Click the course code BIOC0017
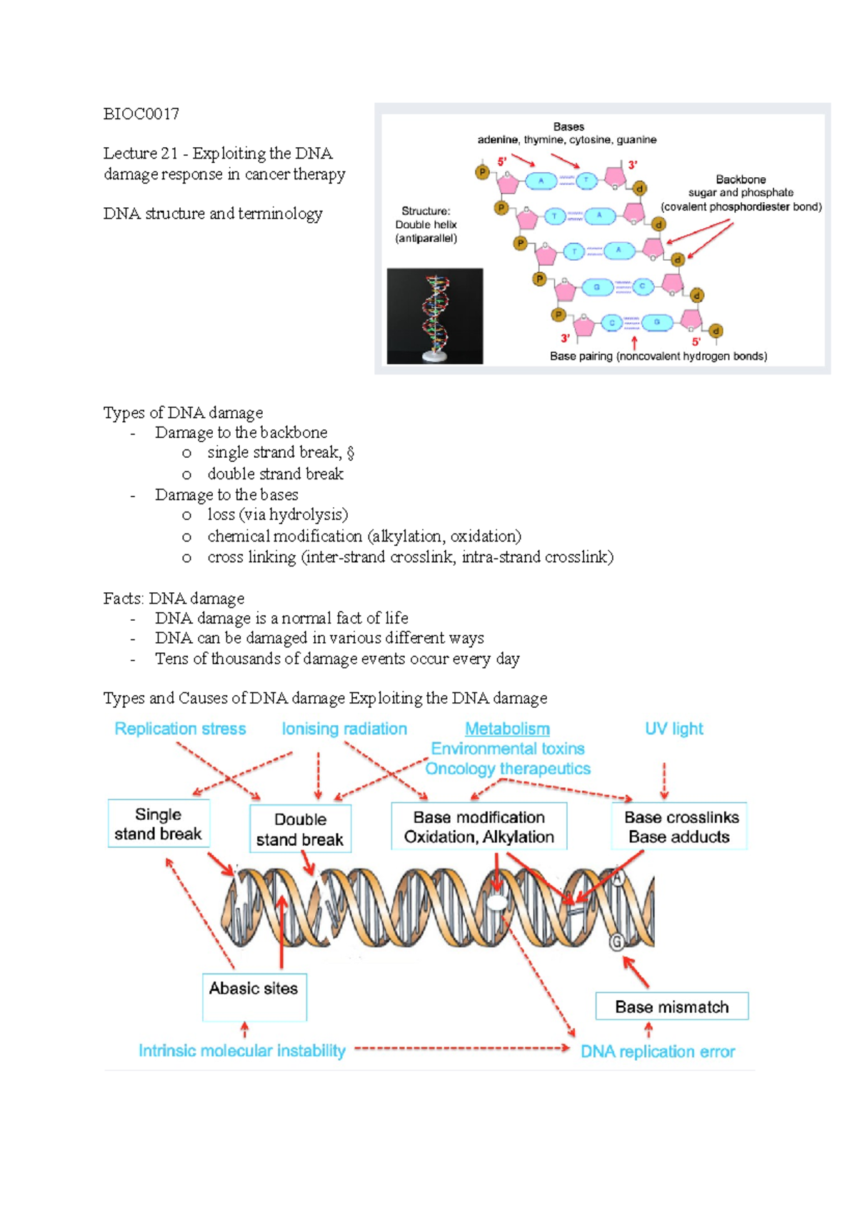click(x=141, y=114)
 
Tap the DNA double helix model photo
click(x=435, y=316)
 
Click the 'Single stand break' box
click(x=159, y=824)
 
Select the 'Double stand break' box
click(x=300, y=829)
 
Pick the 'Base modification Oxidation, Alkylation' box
click(x=478, y=827)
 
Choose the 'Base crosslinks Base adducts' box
click(x=679, y=827)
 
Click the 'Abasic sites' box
click(x=254, y=997)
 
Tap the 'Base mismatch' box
click(x=672, y=1006)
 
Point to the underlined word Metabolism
click(x=507, y=729)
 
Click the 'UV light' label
click(x=674, y=729)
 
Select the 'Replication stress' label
click(x=180, y=729)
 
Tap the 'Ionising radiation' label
click(x=344, y=729)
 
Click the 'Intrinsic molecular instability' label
click(x=242, y=1050)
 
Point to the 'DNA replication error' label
click(x=658, y=1051)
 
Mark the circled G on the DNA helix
click(x=616, y=942)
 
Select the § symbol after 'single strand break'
click(x=350, y=453)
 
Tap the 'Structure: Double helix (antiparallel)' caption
click(x=426, y=224)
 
